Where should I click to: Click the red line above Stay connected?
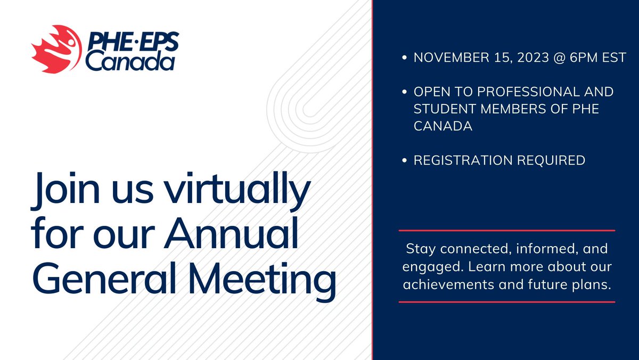[x=506, y=231]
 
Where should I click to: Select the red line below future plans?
[x=506, y=302]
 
